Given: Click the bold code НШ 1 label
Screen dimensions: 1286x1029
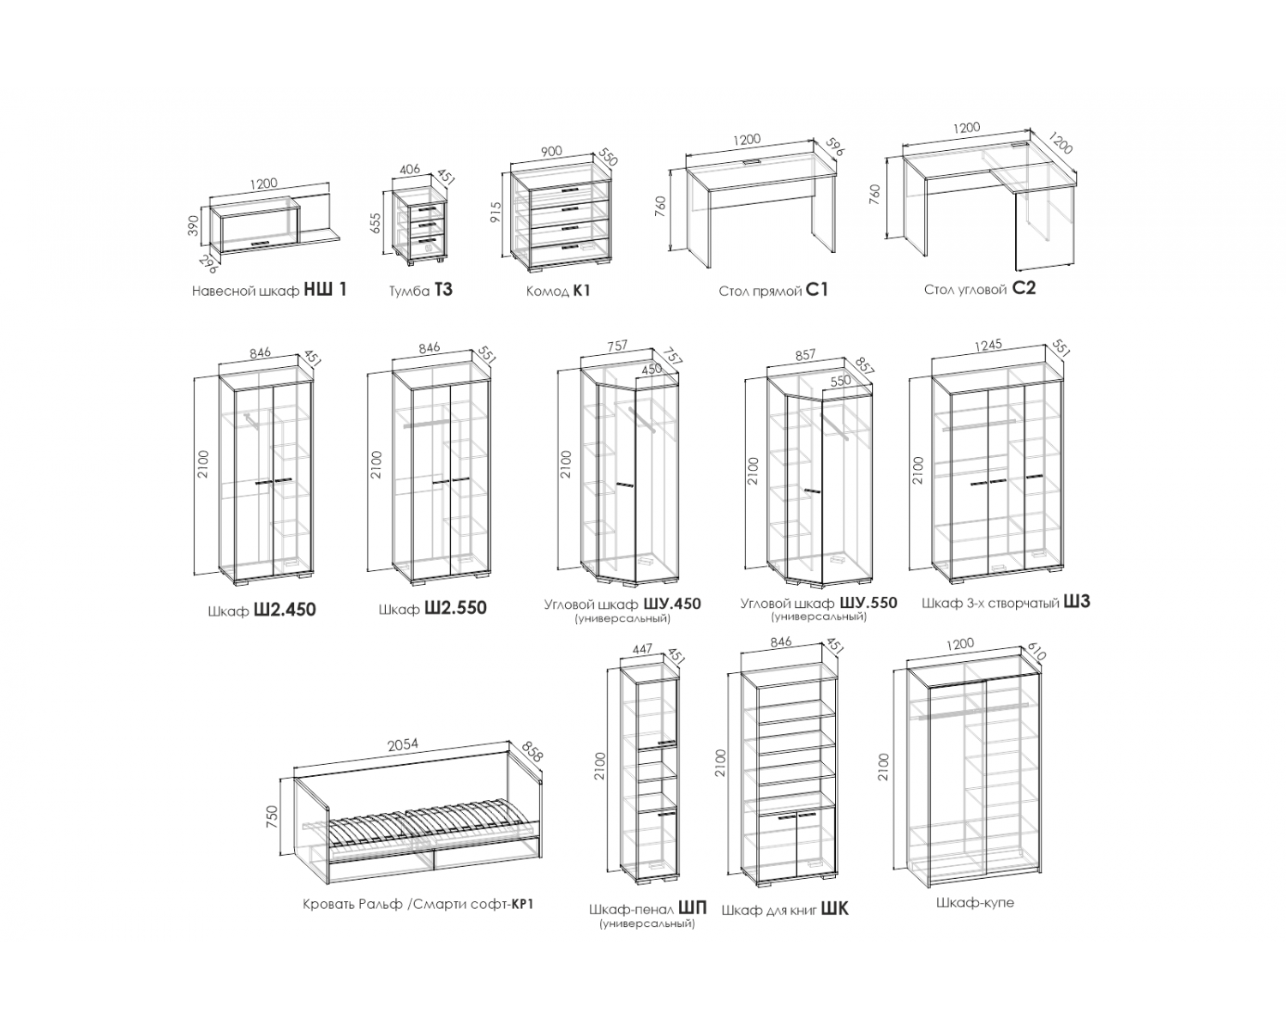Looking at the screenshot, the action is (x=325, y=289).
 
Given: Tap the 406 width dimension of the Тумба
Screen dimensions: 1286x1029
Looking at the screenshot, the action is (x=409, y=170).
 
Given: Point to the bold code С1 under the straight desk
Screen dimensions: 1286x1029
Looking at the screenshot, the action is (x=817, y=290).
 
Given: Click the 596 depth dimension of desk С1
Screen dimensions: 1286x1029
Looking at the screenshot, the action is (x=835, y=147).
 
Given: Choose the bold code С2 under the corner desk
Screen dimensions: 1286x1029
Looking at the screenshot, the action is (x=1025, y=289).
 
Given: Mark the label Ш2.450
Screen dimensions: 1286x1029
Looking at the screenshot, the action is (x=285, y=610).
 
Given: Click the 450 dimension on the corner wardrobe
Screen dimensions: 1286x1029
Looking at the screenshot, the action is (x=652, y=369).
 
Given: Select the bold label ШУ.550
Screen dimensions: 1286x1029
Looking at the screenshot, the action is (x=868, y=603).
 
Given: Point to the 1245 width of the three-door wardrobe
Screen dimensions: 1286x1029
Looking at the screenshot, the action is (x=989, y=346).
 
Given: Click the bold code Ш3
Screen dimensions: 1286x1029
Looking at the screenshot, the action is (x=1077, y=601).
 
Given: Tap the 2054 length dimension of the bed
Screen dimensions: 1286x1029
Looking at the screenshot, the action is (x=403, y=745).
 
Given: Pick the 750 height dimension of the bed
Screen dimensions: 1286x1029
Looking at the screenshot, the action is (x=273, y=817).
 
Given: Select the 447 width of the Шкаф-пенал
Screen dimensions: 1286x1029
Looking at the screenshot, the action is (x=642, y=649).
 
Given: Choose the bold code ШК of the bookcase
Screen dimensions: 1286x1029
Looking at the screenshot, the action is (x=835, y=910).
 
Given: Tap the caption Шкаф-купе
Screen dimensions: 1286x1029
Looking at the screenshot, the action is (x=976, y=902).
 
